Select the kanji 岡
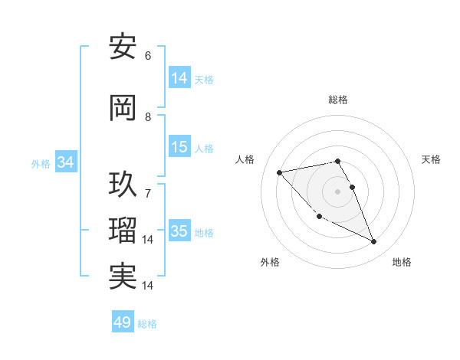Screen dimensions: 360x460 (123, 109)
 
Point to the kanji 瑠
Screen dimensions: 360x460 (123, 231)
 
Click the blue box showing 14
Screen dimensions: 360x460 (179, 78)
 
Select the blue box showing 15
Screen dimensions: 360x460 (179, 147)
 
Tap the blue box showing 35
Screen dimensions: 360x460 (179, 231)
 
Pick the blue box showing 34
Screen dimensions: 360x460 (66, 162)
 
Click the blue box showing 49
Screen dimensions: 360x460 (123, 322)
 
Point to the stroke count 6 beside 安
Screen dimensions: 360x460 (148, 55)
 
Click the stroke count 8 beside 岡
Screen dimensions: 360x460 (148, 117)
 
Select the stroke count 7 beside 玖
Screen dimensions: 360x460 (148, 194)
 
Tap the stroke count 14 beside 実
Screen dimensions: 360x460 (149, 285)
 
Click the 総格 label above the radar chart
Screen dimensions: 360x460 (337, 100)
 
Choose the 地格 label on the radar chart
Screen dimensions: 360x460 (402, 262)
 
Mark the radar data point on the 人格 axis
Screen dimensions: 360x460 (279, 172)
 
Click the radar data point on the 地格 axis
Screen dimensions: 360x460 (374, 242)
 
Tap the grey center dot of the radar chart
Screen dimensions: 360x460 (337, 191)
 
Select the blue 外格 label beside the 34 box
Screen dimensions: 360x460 (41, 163)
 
